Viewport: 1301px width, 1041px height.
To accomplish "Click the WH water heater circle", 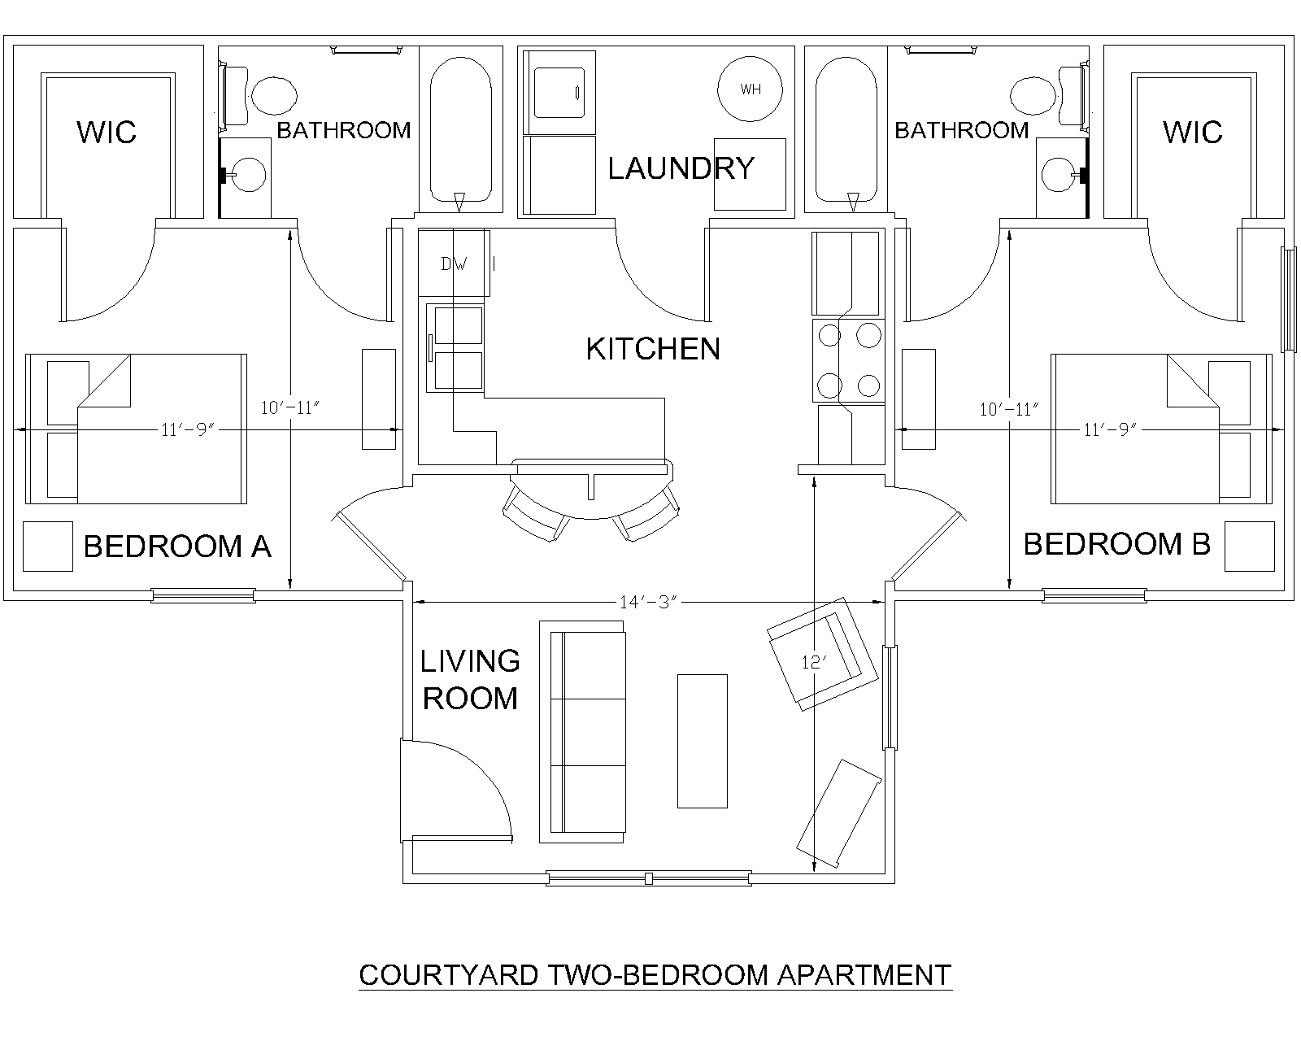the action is coord(750,89).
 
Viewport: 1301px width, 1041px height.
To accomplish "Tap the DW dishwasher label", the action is coord(454,264).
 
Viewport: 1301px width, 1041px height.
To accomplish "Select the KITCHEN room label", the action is coord(653,349).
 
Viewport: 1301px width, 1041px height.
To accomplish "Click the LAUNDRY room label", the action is coord(681,168).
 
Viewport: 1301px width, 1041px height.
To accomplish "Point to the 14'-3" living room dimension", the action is coord(647,602).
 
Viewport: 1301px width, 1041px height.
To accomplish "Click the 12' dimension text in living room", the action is coord(814,662).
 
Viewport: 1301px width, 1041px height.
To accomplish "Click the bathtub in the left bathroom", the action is coord(461,129).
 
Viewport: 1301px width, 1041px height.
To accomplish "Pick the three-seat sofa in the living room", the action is coord(581,731).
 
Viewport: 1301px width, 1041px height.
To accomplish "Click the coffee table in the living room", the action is coord(702,741).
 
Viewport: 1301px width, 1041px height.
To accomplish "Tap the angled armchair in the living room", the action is coord(822,654).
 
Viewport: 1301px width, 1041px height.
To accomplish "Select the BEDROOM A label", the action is coord(177,547).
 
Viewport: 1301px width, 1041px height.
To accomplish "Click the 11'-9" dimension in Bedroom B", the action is coord(1110,429).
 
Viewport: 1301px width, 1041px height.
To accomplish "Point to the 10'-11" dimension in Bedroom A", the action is coord(289,407).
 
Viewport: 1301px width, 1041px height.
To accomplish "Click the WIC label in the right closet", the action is coord(1193,132).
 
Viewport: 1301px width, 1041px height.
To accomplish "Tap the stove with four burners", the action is coord(849,361).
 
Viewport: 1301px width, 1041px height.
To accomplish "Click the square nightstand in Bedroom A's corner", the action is coord(48,547).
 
